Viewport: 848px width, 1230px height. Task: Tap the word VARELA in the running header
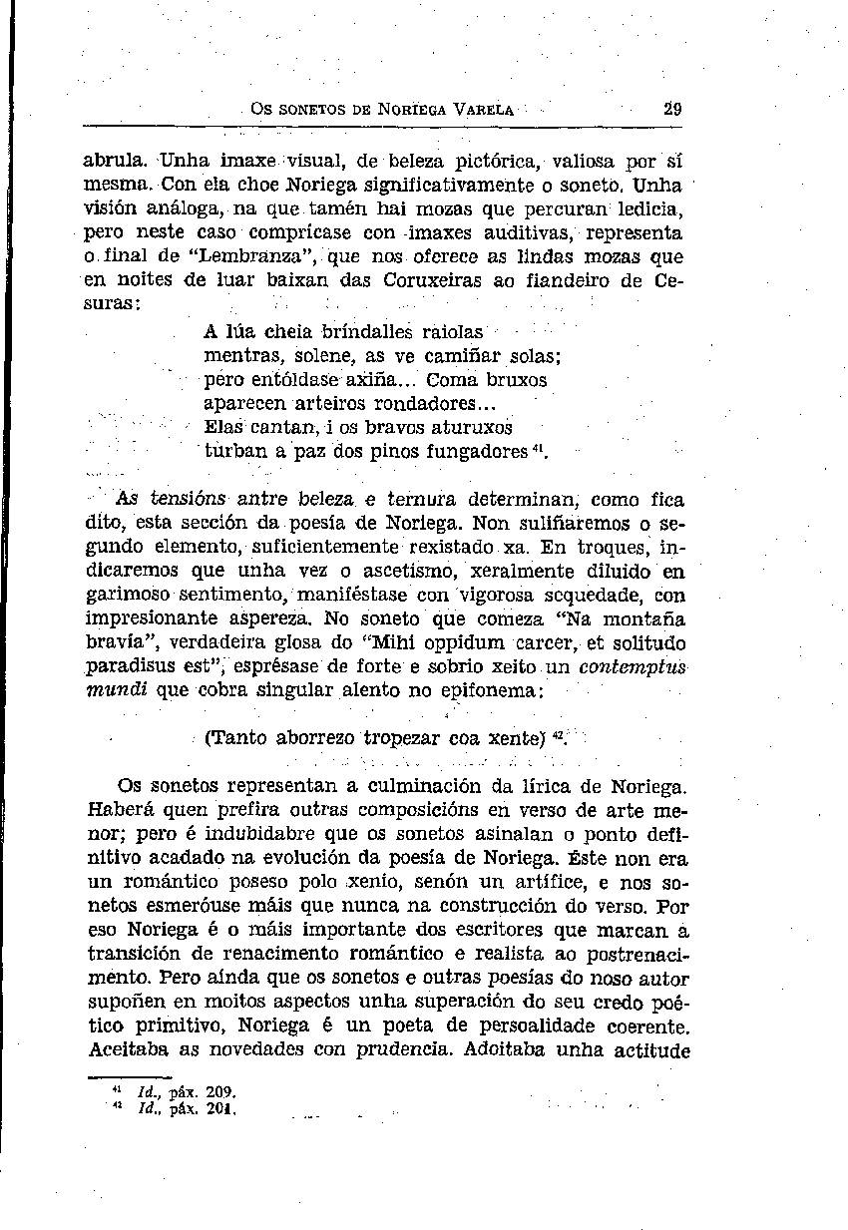point(483,111)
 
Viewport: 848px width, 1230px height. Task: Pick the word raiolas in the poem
point(453,331)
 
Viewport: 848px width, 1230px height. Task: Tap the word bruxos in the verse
point(511,379)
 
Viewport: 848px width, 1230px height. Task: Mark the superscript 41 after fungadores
point(540,448)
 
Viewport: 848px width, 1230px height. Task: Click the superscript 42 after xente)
point(560,737)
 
